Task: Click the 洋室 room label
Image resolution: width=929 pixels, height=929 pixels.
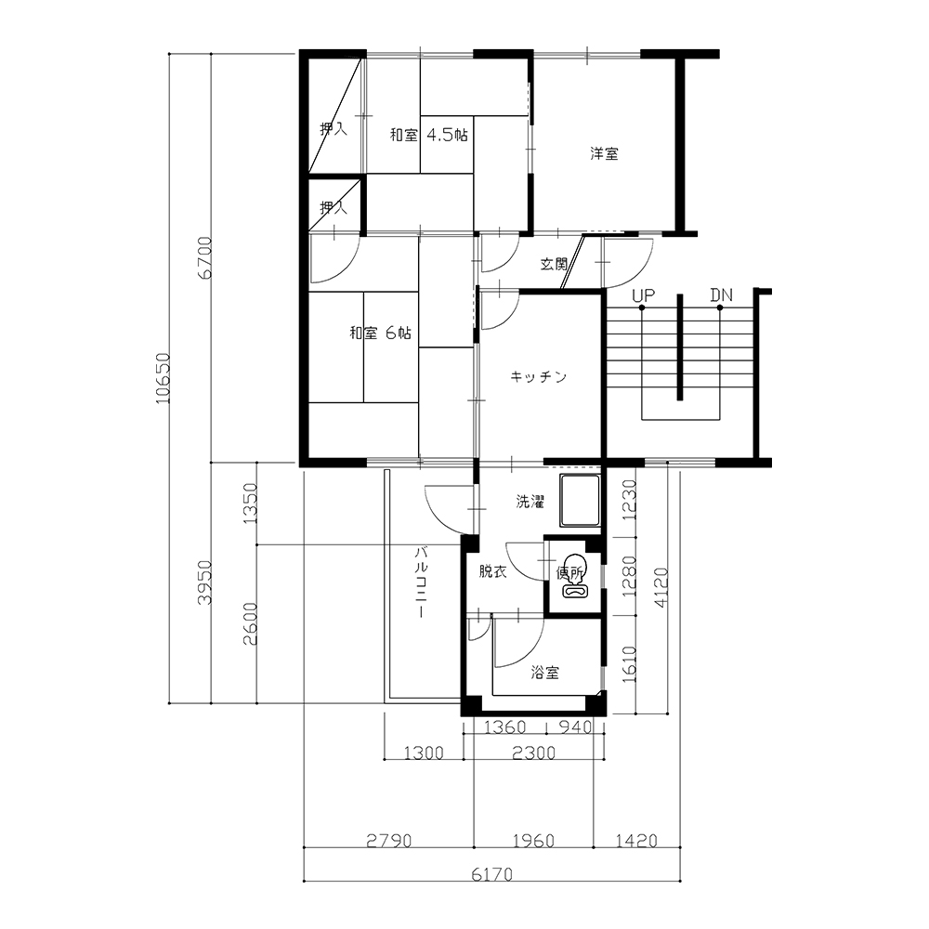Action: (x=605, y=153)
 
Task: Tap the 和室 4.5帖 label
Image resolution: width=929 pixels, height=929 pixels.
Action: (x=429, y=135)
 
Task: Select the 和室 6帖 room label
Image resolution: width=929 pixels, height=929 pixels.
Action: (x=380, y=333)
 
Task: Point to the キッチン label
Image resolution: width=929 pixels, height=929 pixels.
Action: (x=539, y=377)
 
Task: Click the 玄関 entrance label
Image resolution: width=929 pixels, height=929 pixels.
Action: (x=554, y=264)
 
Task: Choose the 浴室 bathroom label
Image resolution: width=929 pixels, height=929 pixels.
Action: (x=544, y=673)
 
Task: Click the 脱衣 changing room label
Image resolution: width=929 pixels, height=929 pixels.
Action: (x=493, y=571)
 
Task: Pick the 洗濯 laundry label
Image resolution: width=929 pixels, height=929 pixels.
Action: (x=530, y=502)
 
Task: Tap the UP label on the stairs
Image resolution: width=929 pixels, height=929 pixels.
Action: (x=644, y=295)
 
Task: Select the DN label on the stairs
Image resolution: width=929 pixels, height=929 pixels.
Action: (x=722, y=295)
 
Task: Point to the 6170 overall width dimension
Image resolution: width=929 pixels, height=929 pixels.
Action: (x=491, y=874)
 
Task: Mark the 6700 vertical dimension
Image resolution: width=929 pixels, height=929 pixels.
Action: (x=204, y=257)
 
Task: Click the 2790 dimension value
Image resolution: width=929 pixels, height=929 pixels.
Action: (x=388, y=841)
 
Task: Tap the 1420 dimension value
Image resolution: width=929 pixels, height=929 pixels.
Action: (x=636, y=841)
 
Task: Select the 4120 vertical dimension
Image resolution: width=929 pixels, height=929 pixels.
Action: (x=661, y=587)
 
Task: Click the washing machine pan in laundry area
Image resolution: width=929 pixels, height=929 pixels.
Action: (x=581, y=501)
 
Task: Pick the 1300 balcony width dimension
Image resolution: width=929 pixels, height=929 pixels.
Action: (x=424, y=753)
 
